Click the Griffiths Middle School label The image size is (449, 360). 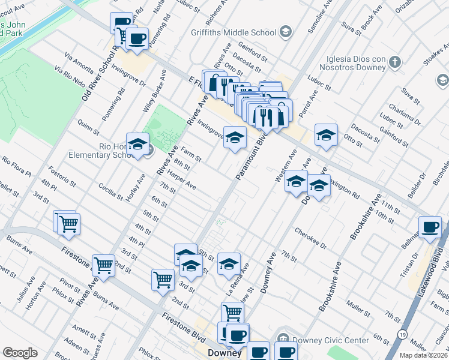point(234,32)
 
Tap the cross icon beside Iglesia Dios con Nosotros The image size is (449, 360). point(394,61)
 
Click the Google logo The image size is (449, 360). point(19,353)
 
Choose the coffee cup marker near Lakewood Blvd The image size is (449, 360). point(430,227)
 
